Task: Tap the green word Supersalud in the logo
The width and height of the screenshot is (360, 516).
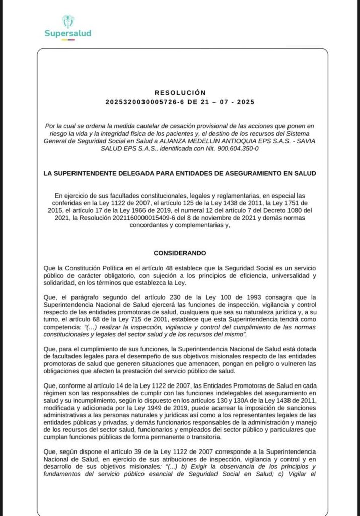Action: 67,34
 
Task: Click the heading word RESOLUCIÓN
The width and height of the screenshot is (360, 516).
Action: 180,93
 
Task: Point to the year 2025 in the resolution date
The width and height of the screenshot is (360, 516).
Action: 244,102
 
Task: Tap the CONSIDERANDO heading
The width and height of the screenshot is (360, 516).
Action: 180,252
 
